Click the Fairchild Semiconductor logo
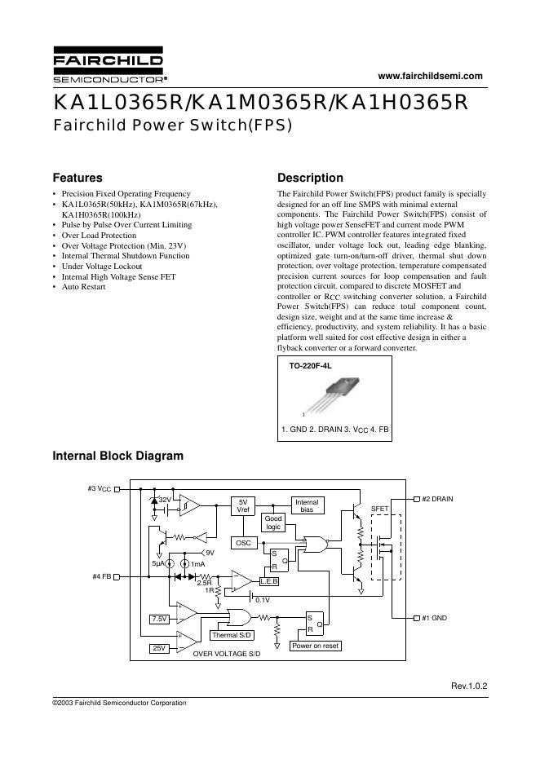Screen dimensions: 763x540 pyautogui.click(x=108, y=68)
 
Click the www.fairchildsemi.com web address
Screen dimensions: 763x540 pyautogui.click(x=432, y=76)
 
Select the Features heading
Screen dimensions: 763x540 pyautogui.click(x=77, y=178)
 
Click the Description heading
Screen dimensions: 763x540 pyautogui.click(x=310, y=178)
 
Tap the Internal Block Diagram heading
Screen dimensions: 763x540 pyautogui.click(x=117, y=456)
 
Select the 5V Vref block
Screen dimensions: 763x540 pyautogui.click(x=243, y=505)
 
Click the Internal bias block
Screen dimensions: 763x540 pyautogui.click(x=307, y=505)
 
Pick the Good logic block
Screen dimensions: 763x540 pyautogui.click(x=273, y=523)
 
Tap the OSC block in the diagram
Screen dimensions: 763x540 pyautogui.click(x=243, y=542)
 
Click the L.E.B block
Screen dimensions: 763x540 pyautogui.click(x=269, y=581)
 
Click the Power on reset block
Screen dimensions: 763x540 pyautogui.click(x=316, y=646)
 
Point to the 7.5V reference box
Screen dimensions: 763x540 pyautogui.click(x=160, y=620)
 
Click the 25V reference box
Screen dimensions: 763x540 pyautogui.click(x=158, y=648)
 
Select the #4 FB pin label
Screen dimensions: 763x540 pyautogui.click(x=102, y=576)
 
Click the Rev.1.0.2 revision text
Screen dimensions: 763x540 pyautogui.click(x=468, y=686)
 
